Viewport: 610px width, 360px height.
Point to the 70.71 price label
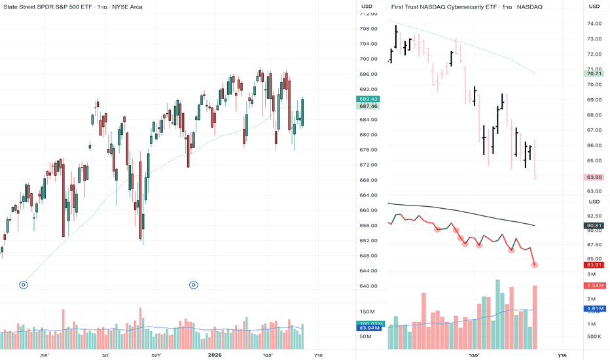[594, 74]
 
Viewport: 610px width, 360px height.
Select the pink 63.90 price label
[594, 177]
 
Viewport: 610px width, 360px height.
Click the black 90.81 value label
[594, 226]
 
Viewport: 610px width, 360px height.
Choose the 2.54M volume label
[595, 286]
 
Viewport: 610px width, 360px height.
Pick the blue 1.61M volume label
[595, 308]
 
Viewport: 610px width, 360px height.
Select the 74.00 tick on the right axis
[594, 24]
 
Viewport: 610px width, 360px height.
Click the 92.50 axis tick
[594, 216]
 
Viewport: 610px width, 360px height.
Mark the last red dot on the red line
[535, 264]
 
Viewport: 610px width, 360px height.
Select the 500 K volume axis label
[593, 336]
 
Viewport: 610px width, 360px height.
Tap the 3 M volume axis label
[591, 274]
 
